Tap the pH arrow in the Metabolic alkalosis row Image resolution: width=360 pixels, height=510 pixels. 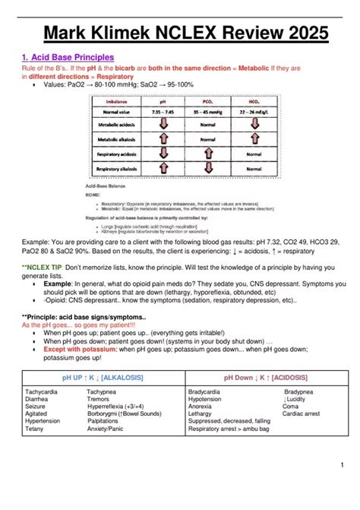(x=163, y=140)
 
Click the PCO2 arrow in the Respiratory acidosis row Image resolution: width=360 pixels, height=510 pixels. (x=208, y=157)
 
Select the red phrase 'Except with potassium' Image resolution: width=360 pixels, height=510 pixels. (x=77, y=349)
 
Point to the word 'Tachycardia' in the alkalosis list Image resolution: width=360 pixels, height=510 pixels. (x=43, y=391)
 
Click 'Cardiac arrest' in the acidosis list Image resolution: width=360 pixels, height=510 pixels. (x=301, y=413)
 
